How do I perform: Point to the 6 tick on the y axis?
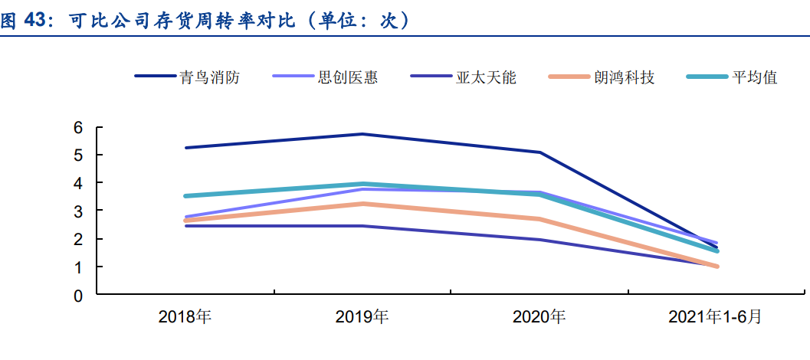78,127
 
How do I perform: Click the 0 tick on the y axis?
78,295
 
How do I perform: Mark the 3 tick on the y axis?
78,211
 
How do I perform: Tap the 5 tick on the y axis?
78,155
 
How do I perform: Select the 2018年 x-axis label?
185,316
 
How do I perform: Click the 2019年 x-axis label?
362,316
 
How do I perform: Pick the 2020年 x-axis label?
539,316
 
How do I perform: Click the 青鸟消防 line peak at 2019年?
362,134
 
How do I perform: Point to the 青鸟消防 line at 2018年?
186,148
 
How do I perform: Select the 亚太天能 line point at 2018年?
186,226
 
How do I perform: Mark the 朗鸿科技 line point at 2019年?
362,204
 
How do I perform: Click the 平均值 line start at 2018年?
186,196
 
